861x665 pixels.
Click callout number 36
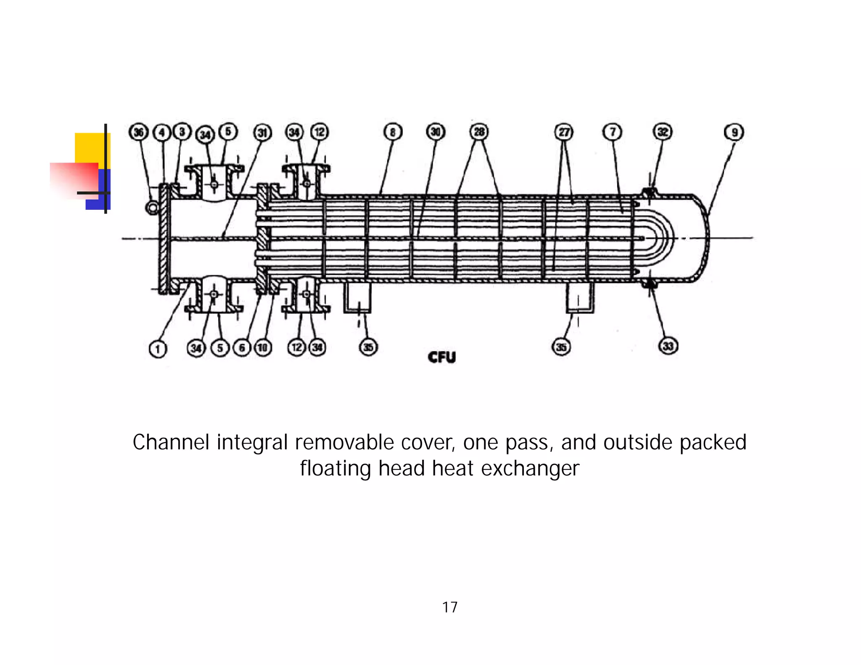[138, 132]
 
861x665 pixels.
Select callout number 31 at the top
[262, 133]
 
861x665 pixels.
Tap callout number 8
[393, 132]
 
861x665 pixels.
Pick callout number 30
[436, 132]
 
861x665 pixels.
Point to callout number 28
[479, 132]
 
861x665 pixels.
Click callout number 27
[564, 132]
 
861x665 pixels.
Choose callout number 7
[613, 132]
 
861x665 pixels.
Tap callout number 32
[663, 132]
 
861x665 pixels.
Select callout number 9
[734, 132]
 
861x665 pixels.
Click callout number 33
[668, 346]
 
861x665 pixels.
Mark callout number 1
[158, 349]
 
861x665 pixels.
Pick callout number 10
[262, 348]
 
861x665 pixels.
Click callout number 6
[242, 348]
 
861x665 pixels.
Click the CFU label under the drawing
[441, 357]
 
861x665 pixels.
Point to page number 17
[449, 607]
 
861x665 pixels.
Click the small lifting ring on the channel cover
[152, 207]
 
